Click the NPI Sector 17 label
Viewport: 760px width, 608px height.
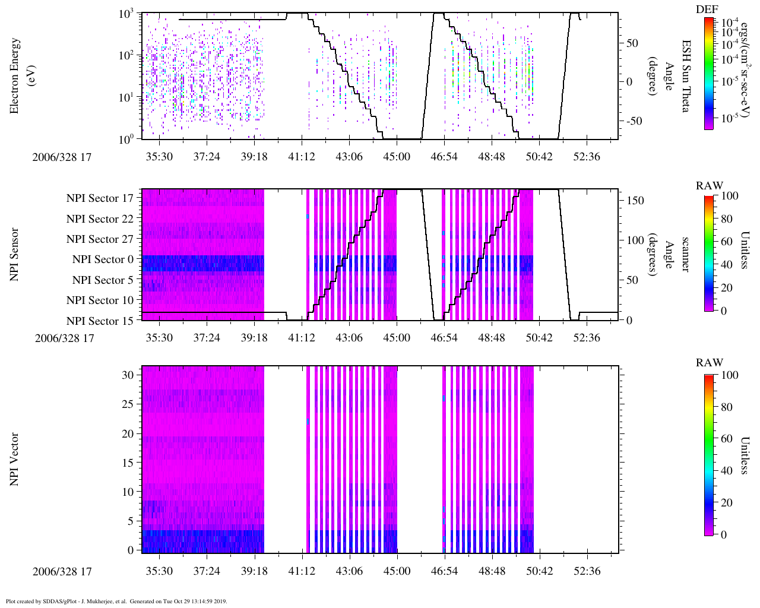pos(100,198)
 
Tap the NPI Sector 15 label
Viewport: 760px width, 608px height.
pos(100,321)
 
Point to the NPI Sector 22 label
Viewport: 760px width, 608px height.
pos(100,219)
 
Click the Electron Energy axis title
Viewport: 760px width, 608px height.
pos(20,76)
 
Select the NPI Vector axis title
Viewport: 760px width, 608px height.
pos(14,460)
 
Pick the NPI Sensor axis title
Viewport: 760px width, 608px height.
pos(14,255)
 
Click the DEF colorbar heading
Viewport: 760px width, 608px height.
pos(707,9)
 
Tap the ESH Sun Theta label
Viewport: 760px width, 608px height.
pos(686,76)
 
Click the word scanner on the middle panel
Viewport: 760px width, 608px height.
pos(686,255)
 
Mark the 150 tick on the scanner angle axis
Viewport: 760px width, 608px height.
pos(635,201)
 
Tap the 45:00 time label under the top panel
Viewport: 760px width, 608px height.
pos(397,156)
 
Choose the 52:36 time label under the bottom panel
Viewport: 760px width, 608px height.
pos(587,571)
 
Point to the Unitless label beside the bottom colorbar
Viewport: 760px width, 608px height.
pos(745,455)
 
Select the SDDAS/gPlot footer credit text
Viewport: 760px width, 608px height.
pos(116,601)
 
